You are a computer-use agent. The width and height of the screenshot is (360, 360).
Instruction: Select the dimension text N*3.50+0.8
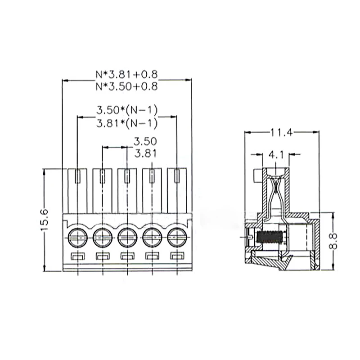126,87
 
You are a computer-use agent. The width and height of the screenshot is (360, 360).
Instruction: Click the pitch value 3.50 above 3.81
145,141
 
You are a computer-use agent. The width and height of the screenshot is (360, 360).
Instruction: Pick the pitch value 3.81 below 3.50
145,153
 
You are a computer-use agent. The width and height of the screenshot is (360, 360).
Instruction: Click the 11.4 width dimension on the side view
282,132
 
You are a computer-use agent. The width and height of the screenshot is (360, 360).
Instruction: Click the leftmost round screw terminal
77,236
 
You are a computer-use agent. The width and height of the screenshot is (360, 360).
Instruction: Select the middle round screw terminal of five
126,236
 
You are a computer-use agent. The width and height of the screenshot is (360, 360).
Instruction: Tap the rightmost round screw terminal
176,236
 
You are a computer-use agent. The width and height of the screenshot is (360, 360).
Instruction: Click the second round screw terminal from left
102,236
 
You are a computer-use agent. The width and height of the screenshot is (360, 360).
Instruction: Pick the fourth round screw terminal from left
151,236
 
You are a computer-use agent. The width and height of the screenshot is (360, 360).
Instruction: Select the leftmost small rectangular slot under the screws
78,257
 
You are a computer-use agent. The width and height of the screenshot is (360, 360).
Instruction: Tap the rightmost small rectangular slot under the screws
176,257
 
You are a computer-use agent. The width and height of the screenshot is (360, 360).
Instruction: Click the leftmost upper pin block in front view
77,189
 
